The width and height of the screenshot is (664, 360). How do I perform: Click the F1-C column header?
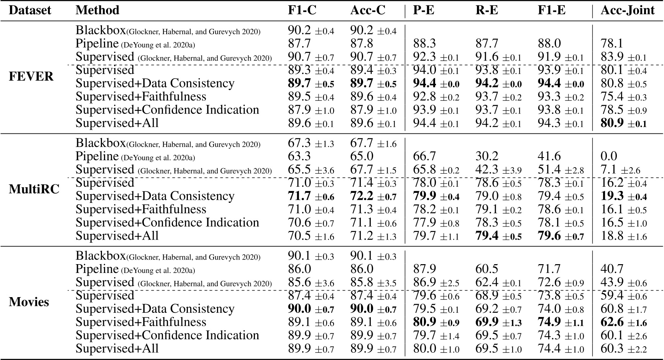click(x=302, y=10)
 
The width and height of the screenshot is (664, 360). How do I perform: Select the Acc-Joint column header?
click(x=627, y=10)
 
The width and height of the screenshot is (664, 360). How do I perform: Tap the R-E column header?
click(x=486, y=10)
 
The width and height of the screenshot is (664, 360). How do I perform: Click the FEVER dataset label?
click(x=31, y=77)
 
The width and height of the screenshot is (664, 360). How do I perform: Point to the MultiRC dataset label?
click(x=34, y=189)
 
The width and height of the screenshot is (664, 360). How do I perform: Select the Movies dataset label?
click(x=29, y=302)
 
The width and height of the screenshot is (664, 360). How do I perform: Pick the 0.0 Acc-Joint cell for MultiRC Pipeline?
click(x=609, y=156)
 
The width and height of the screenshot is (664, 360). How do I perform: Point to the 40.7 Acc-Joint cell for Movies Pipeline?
click(x=612, y=269)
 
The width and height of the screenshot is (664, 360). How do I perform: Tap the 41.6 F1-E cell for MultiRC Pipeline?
click(x=549, y=156)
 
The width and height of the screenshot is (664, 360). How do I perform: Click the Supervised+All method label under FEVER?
click(x=117, y=123)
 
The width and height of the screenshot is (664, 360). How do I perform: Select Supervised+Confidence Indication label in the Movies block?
click(x=167, y=335)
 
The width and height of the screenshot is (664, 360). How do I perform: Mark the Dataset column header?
click(x=30, y=10)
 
